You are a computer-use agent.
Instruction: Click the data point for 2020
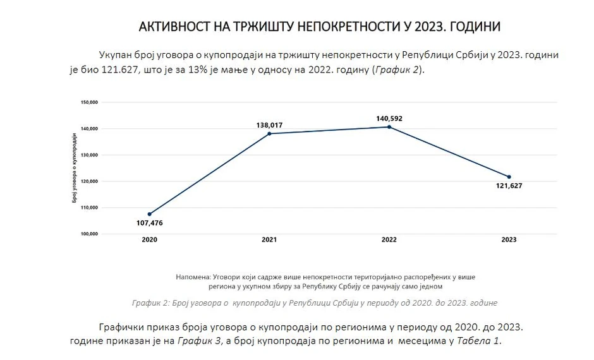[x=149, y=214]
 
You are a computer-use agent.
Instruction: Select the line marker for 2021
[x=269, y=133]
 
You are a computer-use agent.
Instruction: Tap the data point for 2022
[x=389, y=127]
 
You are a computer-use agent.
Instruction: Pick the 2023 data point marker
[x=509, y=177]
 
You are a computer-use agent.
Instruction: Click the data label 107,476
[x=149, y=223]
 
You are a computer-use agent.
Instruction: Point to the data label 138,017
[x=269, y=124]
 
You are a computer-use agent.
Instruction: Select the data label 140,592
[x=389, y=118]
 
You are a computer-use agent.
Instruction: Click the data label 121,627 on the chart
[x=509, y=186]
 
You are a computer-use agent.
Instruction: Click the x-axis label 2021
[x=269, y=240]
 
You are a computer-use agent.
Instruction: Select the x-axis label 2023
[x=509, y=240]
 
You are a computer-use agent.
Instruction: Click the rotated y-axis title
[x=74, y=168]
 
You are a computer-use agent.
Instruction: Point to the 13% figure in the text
[x=210, y=69]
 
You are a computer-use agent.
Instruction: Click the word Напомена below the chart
[x=195, y=277]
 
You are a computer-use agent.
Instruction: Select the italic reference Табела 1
[x=478, y=340]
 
